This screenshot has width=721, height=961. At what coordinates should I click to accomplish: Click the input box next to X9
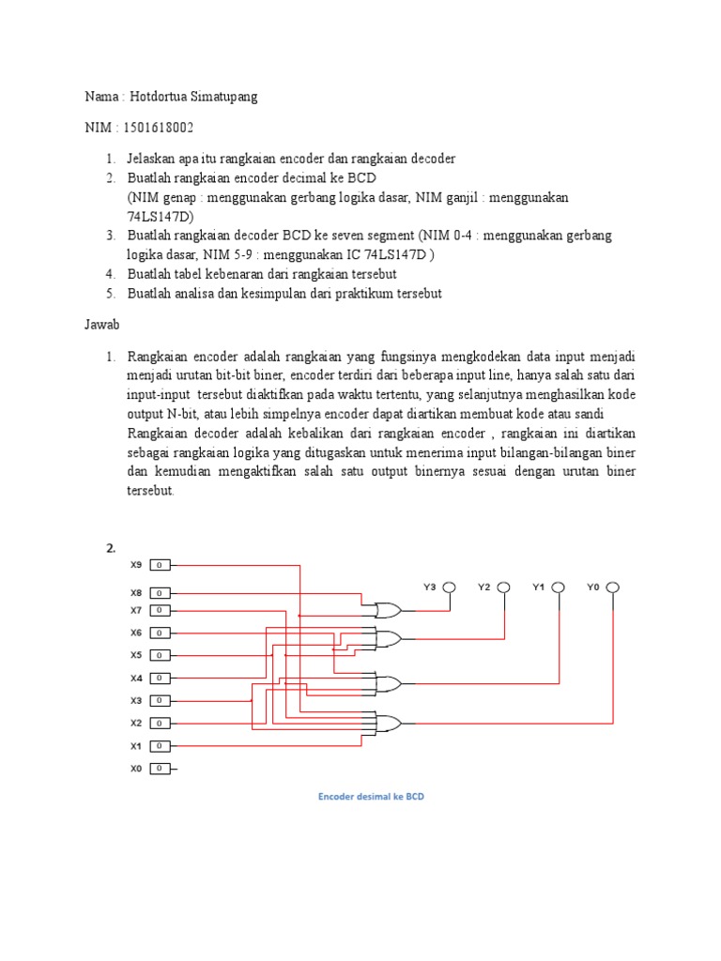161,565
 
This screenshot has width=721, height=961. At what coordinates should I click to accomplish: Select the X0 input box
161,769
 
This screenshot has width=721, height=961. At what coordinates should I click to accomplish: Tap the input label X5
136,655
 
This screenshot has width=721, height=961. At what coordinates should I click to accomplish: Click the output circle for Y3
450,587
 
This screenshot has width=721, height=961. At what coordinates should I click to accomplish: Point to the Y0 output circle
613,587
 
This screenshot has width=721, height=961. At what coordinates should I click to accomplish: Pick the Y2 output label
483,587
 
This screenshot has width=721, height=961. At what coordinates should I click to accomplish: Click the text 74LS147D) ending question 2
160,217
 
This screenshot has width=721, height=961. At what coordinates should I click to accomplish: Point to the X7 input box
161,610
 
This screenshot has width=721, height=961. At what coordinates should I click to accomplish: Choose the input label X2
136,723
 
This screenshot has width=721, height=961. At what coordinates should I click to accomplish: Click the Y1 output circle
559,587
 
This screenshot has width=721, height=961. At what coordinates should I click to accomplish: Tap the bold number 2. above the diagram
110,548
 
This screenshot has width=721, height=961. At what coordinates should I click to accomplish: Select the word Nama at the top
101,97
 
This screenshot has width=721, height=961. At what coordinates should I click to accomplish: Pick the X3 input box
161,700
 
